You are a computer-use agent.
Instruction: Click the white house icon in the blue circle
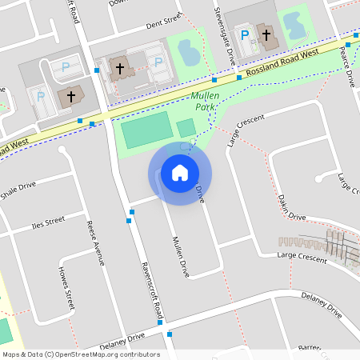coord(180,172)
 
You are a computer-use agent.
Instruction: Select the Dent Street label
coord(165,26)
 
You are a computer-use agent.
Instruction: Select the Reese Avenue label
coord(95,242)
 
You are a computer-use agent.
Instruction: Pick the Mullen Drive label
coord(179,256)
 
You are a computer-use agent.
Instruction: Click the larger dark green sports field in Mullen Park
coord(146,129)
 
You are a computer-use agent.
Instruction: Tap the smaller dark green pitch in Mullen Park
coord(186,127)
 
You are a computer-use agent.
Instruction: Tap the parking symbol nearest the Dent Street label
coord(158,62)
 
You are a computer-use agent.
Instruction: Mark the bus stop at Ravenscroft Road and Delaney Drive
coord(170,334)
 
